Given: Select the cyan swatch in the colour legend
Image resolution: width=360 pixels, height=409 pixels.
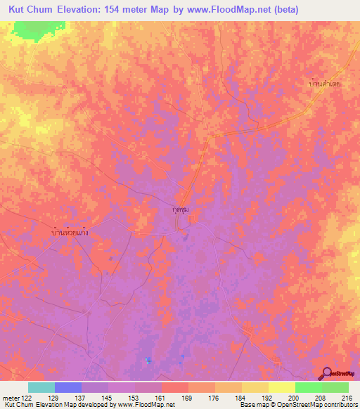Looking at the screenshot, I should click(x=41, y=387).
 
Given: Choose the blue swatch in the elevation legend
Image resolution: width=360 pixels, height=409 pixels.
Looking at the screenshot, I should click(x=67, y=387).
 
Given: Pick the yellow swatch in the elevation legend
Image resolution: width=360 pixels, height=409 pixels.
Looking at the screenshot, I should click(x=281, y=387).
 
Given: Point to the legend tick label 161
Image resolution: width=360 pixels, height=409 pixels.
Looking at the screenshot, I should click(x=161, y=398).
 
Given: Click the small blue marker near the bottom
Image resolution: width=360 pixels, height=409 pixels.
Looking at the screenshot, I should click(x=148, y=361).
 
